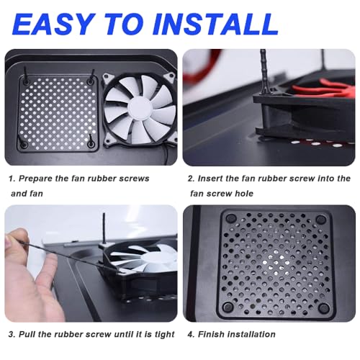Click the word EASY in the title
tap(53, 24)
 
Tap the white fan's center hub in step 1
tap(139, 109)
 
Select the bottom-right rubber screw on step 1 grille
tap(91, 142)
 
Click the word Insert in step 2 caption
tap(210, 179)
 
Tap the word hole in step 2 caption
tap(244, 194)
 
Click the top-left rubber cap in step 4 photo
tap(231, 218)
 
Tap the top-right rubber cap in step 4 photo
tap(320, 219)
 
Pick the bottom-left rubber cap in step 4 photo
tap(228, 307)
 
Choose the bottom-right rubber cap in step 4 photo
tap(324, 307)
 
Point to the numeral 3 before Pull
tap(11, 334)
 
